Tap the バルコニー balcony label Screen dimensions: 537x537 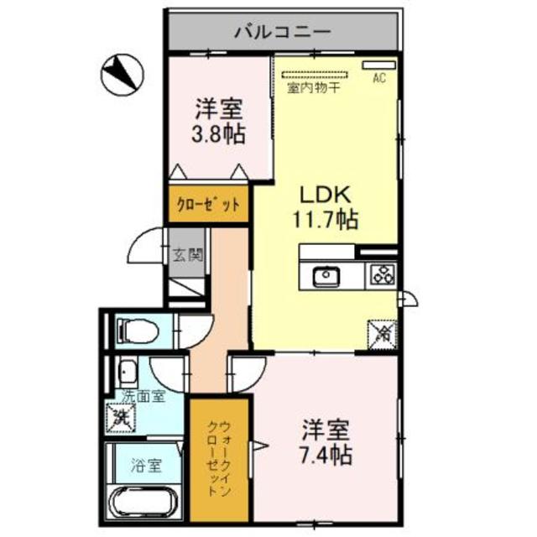(282, 34)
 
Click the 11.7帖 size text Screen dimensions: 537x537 (326, 221)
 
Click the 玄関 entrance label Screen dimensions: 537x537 (188, 256)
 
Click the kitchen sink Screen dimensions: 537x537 (324, 274)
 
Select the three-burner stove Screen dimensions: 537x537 (383, 274)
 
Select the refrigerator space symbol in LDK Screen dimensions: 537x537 (382, 334)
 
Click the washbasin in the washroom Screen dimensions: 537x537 (128, 371)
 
